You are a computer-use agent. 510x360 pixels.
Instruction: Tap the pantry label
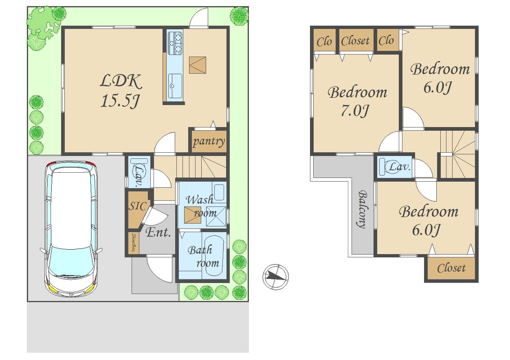pos(209,141)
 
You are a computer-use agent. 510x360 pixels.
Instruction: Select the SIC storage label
pos(137,206)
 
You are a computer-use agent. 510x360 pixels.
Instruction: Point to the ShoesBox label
pos(134,243)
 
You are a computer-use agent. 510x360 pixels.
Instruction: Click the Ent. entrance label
pos(158,233)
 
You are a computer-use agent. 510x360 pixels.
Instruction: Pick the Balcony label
pos(363,209)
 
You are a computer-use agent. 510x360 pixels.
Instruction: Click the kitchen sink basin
pos(175,86)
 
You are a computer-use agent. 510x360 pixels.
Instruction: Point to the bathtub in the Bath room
pos(214,256)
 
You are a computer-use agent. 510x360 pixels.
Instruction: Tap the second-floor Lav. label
pos(400,167)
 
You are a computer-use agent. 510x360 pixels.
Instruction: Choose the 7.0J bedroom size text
pos(354,111)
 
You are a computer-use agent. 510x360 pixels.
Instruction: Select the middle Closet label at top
pos(355,41)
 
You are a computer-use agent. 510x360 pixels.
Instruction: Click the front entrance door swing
pos(159,268)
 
